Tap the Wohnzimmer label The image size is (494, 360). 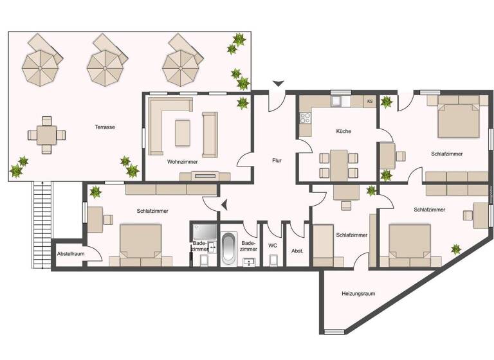pos(182,162)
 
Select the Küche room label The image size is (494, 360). pos(343,131)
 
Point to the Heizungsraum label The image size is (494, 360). pos(358,294)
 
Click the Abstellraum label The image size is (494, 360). pos(71,253)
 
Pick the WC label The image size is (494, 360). pos(273,245)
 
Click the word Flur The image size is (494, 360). pos(277,161)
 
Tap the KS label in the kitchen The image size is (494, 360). pos(369,102)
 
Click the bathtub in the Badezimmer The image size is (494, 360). pos(228,249)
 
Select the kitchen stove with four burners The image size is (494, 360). pos(306,118)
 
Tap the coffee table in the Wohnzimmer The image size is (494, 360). pos(182,132)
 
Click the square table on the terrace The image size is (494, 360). pos(46,135)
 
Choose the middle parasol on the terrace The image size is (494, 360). pos(104,64)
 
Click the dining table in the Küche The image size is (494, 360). pos(338,164)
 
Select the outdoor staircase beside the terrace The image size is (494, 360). pos(42,222)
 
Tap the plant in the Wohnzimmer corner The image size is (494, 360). pos(242,103)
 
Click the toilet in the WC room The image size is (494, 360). pos(273,258)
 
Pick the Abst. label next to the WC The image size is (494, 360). pos(297,250)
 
